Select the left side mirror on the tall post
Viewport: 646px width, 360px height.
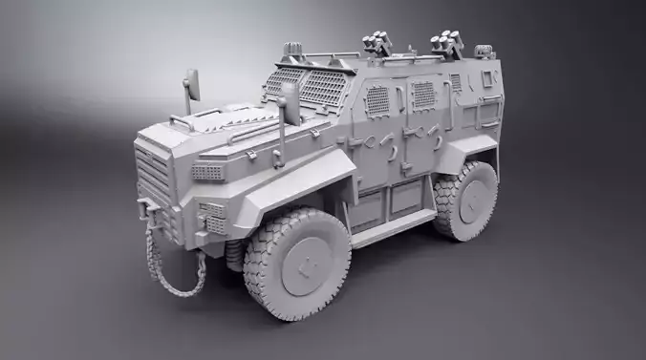click(190, 88)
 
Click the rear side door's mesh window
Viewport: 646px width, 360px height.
click(422, 95)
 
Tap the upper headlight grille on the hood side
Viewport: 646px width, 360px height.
click(207, 172)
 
